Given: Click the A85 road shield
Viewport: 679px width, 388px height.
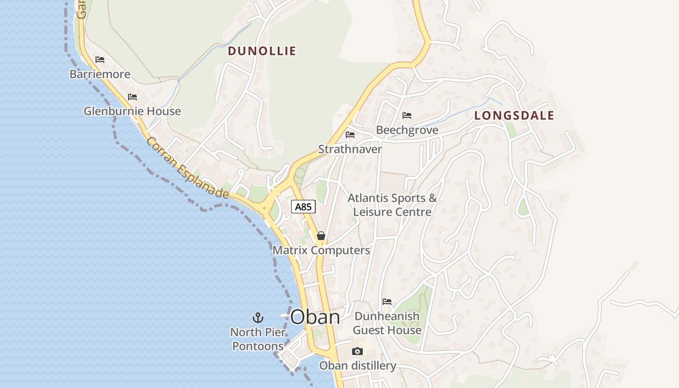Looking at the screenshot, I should point(304,207).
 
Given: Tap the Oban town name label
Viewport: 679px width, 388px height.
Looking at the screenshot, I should point(315,317).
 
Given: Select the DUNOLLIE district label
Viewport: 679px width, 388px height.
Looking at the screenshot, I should point(262,51).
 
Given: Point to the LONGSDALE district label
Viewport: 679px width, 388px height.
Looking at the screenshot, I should point(514,115).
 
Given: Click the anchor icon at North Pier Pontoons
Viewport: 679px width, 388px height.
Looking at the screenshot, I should point(258,318).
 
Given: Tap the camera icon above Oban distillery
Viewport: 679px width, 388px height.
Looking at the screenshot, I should point(357,352).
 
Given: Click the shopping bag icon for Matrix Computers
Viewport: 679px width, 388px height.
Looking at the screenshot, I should point(321,236).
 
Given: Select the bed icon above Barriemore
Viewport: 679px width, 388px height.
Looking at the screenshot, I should point(100,60).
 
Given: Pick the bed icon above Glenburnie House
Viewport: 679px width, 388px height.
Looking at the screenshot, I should point(132,97).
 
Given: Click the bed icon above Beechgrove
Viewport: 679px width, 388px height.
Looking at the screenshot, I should point(407,115).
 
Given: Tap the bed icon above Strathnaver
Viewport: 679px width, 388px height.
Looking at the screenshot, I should point(350,135).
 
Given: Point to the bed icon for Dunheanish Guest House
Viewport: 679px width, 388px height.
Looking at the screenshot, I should point(387,302).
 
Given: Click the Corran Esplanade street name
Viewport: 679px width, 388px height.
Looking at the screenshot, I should point(187,168).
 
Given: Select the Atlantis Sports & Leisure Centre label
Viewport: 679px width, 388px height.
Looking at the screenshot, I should point(392,205).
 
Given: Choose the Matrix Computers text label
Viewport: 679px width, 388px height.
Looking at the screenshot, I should point(321,250).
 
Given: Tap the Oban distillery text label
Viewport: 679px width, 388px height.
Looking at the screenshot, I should point(357,366).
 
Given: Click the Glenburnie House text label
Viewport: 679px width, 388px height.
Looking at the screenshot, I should point(132,111).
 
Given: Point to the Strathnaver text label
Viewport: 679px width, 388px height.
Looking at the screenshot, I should point(350,149).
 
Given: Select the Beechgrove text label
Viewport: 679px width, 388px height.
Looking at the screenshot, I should point(407,130).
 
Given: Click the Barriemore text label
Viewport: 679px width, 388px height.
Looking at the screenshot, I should point(100,74).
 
